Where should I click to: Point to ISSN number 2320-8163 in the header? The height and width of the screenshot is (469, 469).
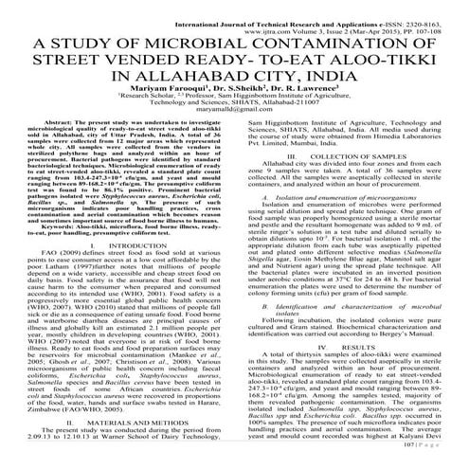click(436, 9)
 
